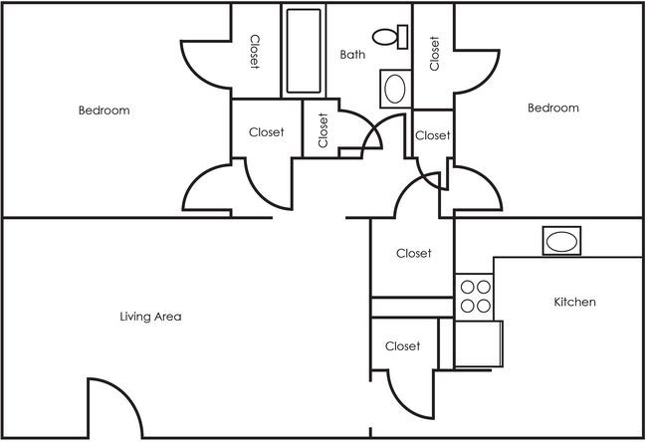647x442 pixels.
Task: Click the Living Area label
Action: click(150, 317)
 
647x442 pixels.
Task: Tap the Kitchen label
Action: click(574, 302)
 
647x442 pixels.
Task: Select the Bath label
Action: click(352, 55)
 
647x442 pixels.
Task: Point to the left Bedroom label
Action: click(104, 110)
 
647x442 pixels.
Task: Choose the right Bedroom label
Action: click(552, 108)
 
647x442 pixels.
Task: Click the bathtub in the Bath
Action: click(304, 50)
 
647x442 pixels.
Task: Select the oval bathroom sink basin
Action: click(395, 89)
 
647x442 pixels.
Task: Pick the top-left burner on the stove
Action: click(468, 288)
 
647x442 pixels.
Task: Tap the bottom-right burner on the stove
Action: click(484, 306)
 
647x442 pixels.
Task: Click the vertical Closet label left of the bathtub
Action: click(255, 52)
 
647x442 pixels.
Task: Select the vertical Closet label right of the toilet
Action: click(434, 54)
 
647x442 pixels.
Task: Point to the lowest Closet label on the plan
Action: click(402, 346)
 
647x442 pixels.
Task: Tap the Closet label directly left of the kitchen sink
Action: click(413, 254)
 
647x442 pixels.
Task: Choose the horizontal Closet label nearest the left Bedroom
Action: click(266, 131)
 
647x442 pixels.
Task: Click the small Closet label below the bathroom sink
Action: click(432, 135)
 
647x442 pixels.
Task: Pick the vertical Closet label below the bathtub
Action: click(323, 130)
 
